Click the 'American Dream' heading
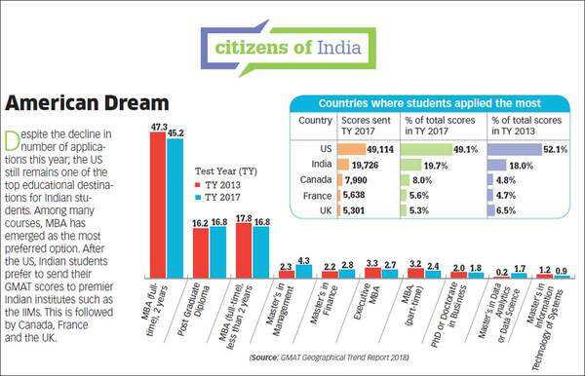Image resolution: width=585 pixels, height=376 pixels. tap(89, 102)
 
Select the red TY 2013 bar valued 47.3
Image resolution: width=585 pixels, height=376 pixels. tap(157, 205)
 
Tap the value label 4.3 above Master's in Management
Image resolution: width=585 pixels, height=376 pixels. tap(303, 260)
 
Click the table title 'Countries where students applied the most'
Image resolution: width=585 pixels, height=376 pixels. tap(430, 102)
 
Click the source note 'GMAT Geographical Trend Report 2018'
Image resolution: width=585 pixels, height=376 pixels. tap(349, 359)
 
